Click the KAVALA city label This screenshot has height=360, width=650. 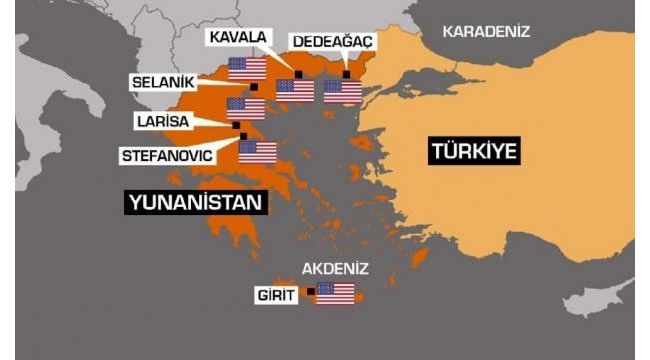point(237,37)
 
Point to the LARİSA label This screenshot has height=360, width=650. point(165,121)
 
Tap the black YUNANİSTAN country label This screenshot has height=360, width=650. point(197,203)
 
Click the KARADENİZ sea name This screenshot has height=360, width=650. point(487,31)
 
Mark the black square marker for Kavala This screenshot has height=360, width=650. point(297,74)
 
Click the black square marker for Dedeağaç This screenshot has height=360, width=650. point(346,74)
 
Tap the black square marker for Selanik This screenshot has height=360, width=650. point(254,87)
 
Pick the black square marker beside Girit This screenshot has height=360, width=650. point(311,291)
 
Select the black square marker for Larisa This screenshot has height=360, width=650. point(236,126)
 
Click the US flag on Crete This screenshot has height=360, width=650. point(335,294)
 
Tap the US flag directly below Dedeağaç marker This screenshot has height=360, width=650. point(343,91)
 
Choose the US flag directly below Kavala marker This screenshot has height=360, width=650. point(295,91)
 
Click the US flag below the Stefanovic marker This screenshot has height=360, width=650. point(257,152)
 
